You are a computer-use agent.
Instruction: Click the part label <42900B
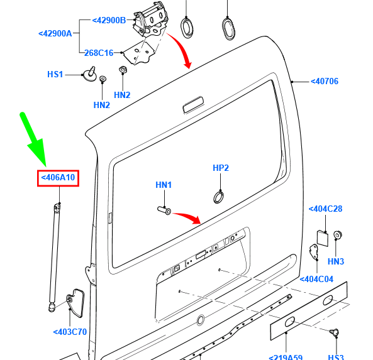109,21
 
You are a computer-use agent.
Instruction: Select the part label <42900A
55,33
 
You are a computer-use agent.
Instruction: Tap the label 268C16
99,53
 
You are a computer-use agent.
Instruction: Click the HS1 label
55,74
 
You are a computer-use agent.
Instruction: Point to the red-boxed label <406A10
58,178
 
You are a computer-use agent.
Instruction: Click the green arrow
34,139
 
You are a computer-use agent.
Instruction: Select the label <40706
325,81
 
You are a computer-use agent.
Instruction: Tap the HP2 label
221,168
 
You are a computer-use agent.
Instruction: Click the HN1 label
164,185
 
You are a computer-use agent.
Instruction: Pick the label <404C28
325,209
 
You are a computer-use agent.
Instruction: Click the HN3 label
336,261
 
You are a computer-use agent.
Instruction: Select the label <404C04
316,279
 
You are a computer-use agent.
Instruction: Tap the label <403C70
70,332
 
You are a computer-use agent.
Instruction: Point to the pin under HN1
164,210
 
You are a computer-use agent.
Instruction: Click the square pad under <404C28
323,238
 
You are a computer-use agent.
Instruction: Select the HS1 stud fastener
90,74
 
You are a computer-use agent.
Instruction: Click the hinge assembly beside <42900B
150,21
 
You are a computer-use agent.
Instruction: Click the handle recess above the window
193,104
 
